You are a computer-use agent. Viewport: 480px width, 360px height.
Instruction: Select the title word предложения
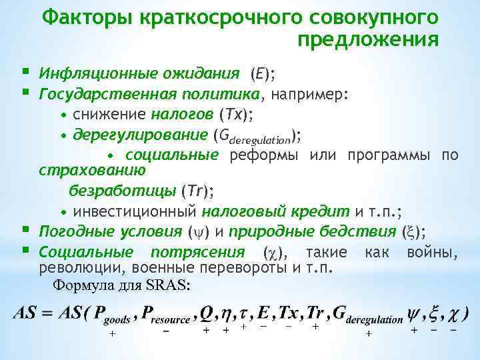tap(368, 40)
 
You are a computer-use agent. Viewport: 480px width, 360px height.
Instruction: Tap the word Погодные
tap(73, 231)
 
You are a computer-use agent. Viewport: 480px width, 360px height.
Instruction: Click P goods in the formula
tap(112, 315)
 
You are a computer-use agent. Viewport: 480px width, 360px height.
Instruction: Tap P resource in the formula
tap(167, 315)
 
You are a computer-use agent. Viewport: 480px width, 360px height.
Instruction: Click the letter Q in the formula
tap(207, 313)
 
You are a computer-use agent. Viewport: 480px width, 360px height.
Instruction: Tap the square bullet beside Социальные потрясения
tap(25, 251)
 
